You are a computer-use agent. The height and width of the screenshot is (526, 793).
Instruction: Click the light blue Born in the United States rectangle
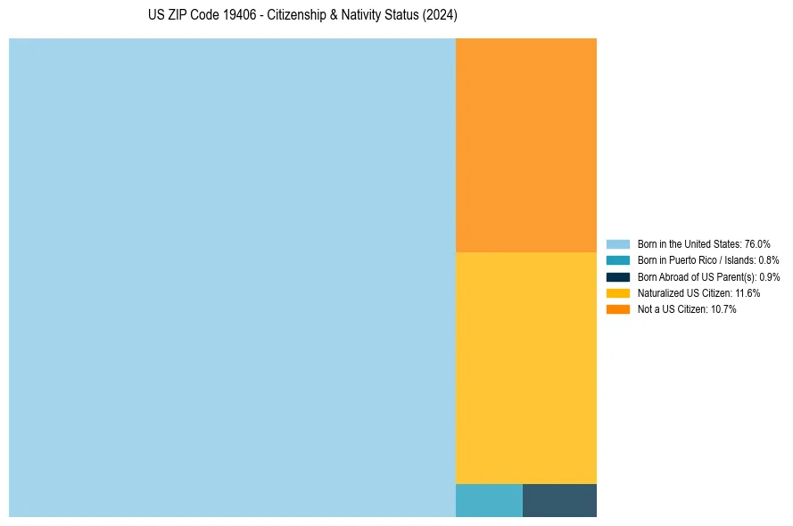232,277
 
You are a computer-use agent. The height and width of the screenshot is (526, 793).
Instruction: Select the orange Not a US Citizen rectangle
526,145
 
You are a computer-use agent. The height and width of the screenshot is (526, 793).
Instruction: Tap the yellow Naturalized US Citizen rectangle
526,367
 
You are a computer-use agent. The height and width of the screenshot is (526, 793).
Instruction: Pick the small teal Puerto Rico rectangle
489,500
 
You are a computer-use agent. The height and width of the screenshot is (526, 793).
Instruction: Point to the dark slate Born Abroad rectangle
559,500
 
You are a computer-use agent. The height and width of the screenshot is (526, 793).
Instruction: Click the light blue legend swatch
618,244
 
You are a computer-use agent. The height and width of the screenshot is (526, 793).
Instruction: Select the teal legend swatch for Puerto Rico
618,260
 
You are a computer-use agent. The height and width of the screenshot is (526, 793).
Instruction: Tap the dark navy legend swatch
618,277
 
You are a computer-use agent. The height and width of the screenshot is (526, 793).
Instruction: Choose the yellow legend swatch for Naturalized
618,293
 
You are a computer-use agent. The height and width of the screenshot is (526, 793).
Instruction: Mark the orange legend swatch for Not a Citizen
618,309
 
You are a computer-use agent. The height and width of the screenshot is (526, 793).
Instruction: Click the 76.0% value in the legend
757,244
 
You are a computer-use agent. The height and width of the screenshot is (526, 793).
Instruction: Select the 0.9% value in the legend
769,277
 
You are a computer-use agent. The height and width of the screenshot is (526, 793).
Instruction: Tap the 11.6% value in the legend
748,293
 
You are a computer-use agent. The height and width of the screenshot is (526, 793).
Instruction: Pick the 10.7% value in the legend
723,309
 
